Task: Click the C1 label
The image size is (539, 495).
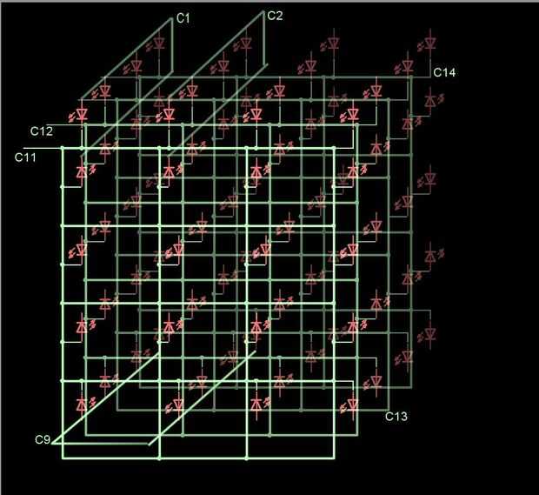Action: pos(183,17)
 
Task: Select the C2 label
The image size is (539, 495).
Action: pos(275,15)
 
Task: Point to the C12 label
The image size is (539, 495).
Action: pos(41,131)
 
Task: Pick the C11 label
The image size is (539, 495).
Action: pos(25,157)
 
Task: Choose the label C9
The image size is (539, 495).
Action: pos(43,439)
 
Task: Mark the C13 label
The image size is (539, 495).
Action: pos(396,417)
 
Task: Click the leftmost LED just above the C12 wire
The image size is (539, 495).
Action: pos(83,114)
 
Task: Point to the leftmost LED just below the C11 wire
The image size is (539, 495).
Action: pos(83,172)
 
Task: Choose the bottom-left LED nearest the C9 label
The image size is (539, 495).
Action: pos(83,405)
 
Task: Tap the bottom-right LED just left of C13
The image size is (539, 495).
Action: pos(352,405)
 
